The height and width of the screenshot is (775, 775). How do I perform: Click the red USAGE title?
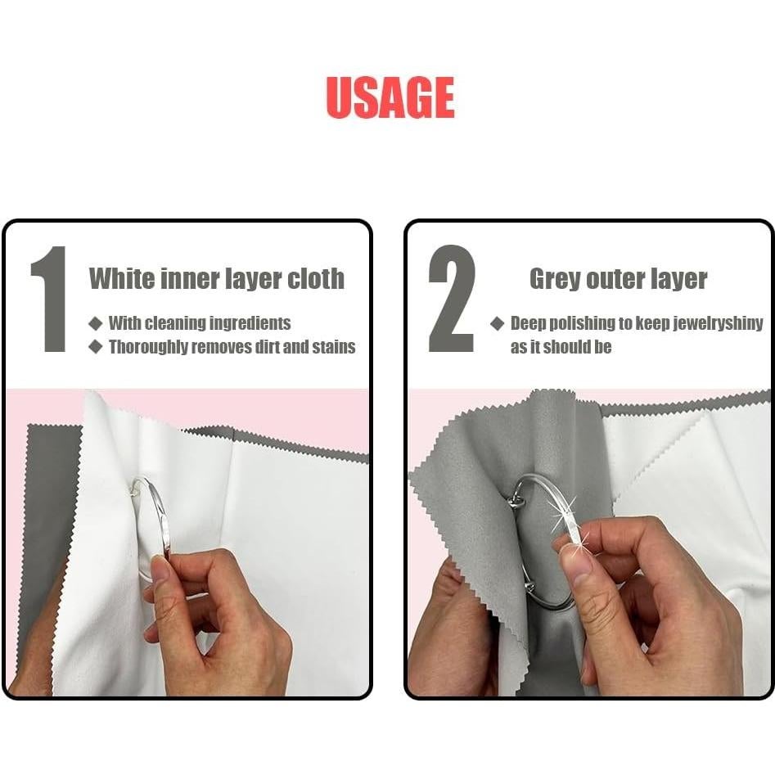click(x=390, y=98)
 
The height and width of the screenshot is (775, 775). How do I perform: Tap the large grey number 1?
click(x=49, y=299)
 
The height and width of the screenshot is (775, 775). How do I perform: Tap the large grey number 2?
click(x=452, y=299)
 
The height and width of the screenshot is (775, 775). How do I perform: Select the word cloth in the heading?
click(x=315, y=278)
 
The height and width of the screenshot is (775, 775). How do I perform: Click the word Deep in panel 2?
click(x=526, y=323)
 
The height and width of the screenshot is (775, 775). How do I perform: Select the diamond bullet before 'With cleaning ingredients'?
click(x=96, y=323)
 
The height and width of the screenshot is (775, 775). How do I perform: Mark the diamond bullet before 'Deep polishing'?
click(x=497, y=323)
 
